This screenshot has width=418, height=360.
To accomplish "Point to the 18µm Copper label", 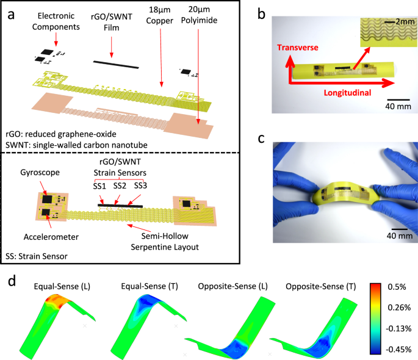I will point(161,21).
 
